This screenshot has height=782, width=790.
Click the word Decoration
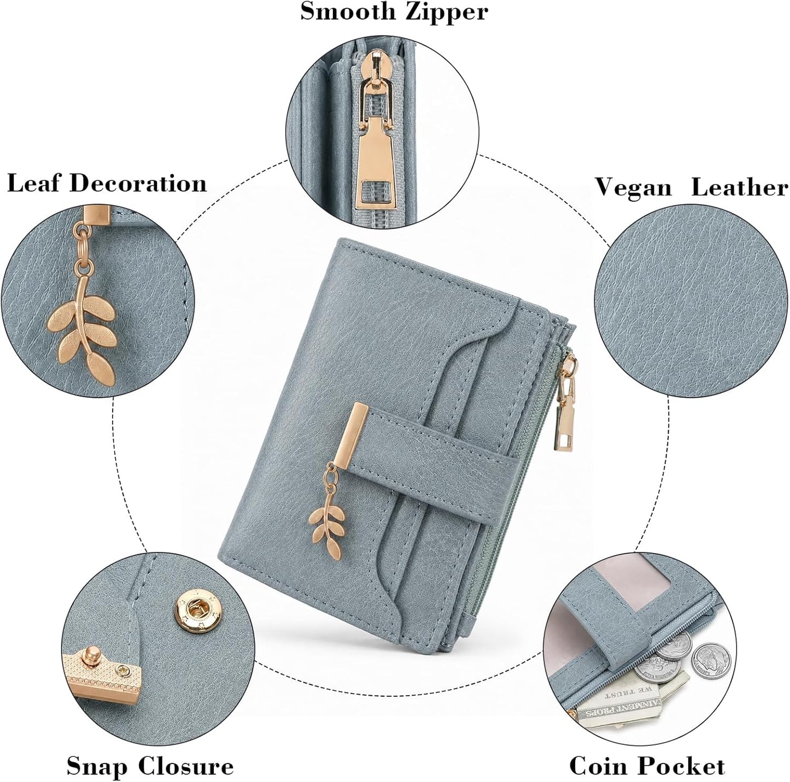pyautogui.click(x=138, y=183)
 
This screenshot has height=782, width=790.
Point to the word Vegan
pyautogui.click(x=634, y=189)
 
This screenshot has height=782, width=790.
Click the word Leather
pyautogui.click(x=740, y=188)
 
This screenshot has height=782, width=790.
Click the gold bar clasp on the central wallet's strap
pyautogui.click(x=348, y=435)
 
